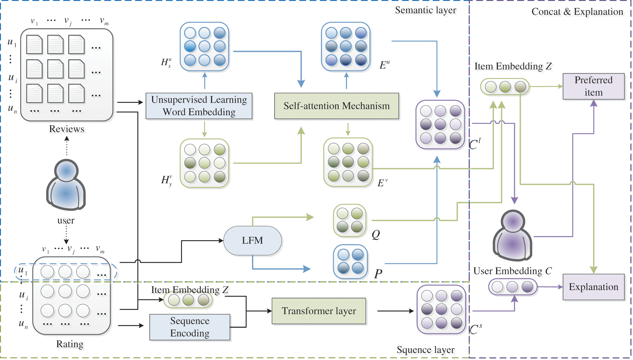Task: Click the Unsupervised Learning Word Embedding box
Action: point(199,106)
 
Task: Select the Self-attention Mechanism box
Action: point(336,106)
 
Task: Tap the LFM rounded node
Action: point(253,240)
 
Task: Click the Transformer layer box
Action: point(319,311)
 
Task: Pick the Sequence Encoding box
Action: point(190,327)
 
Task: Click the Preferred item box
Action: point(593,86)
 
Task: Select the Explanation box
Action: point(593,287)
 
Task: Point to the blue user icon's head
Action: point(66,171)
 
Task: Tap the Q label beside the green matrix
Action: point(376,234)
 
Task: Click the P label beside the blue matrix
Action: point(378,274)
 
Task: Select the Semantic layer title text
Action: point(425,10)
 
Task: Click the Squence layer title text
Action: point(425,350)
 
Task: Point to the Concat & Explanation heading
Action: point(577,12)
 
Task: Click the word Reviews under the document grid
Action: point(67,129)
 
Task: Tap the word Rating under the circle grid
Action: point(70,344)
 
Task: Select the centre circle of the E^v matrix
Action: point(348,162)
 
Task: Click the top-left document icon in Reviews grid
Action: point(34,45)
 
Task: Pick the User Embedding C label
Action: point(513,271)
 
